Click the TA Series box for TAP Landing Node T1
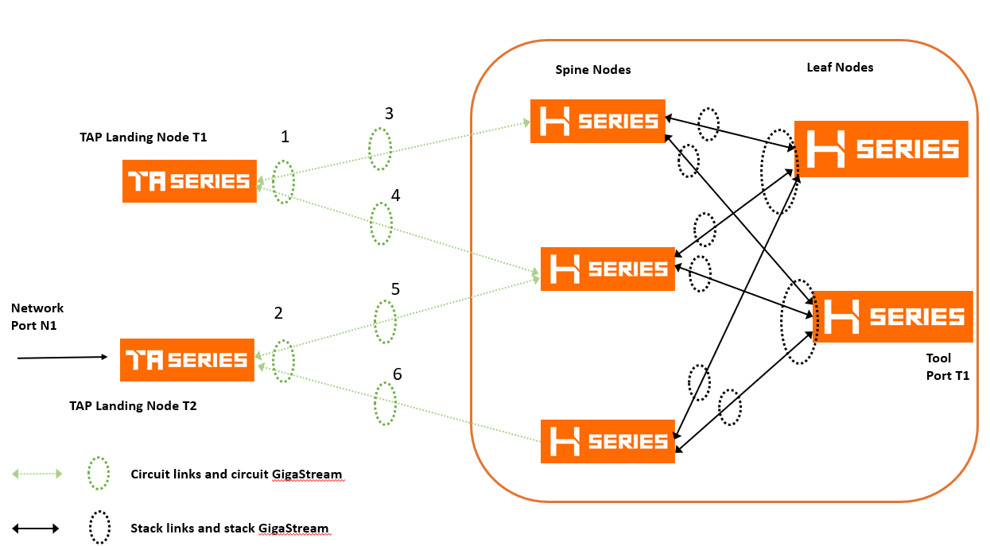[189, 181]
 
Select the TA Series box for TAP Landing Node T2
[187, 360]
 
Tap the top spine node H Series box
[597, 121]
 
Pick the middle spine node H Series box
[608, 269]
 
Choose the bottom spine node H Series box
[608, 441]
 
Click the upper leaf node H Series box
[881, 149]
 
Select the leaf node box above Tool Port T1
[893, 317]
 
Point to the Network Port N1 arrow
[62, 358]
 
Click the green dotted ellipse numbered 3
[380, 149]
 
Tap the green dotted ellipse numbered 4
[382, 223]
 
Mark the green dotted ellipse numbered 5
[386, 321]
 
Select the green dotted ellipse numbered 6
[386, 403]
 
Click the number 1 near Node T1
[285, 137]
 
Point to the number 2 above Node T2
[278, 313]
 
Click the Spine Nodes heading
[592, 70]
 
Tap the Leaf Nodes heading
[839, 68]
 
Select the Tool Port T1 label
[947, 367]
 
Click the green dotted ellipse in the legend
[99, 474]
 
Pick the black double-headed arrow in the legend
[36, 528]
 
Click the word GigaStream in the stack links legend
[293, 528]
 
